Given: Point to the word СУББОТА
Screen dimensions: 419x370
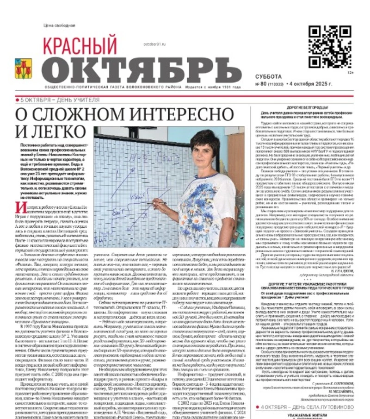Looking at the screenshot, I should tap(268, 76).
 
